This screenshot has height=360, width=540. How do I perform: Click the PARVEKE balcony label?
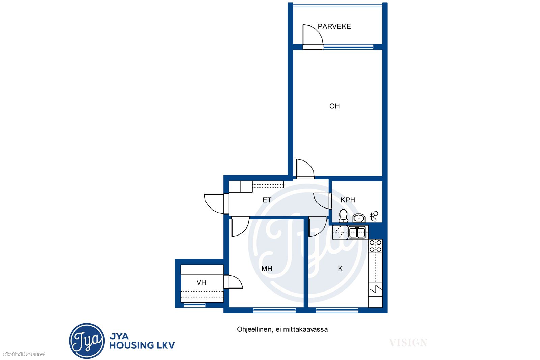click(x=334, y=26)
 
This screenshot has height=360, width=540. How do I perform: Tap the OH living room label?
click(x=334, y=106)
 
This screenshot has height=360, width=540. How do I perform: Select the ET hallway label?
click(x=267, y=200)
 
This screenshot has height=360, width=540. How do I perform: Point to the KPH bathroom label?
click(x=348, y=200)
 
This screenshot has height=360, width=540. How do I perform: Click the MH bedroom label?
click(x=267, y=269)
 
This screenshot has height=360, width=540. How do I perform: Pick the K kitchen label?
click(x=340, y=269)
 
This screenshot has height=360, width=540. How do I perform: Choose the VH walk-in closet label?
click(x=201, y=282)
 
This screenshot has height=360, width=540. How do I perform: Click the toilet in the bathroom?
click(x=343, y=216)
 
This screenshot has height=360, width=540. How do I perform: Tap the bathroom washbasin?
click(x=359, y=218)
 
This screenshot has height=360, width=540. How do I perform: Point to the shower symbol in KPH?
click(x=374, y=216)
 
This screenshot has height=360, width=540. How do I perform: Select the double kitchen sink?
click(x=357, y=232)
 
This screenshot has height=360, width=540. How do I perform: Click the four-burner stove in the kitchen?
click(x=376, y=246)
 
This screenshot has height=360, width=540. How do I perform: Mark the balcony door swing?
click(x=313, y=37)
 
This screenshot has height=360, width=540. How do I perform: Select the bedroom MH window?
click(x=274, y=310)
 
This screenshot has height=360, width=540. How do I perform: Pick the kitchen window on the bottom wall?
click(x=337, y=310)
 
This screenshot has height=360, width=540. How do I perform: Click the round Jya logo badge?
click(x=87, y=341)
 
